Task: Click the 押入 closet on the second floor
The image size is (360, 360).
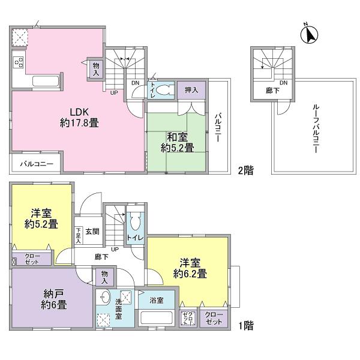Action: pos(191,90)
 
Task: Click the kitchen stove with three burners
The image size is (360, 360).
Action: pos(17,61)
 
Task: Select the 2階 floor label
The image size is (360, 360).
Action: pos(244,170)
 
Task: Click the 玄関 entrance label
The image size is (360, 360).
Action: pos(92,231)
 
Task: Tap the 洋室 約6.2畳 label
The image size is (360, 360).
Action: pos(191,268)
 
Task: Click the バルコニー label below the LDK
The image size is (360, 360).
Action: pos(37,163)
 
